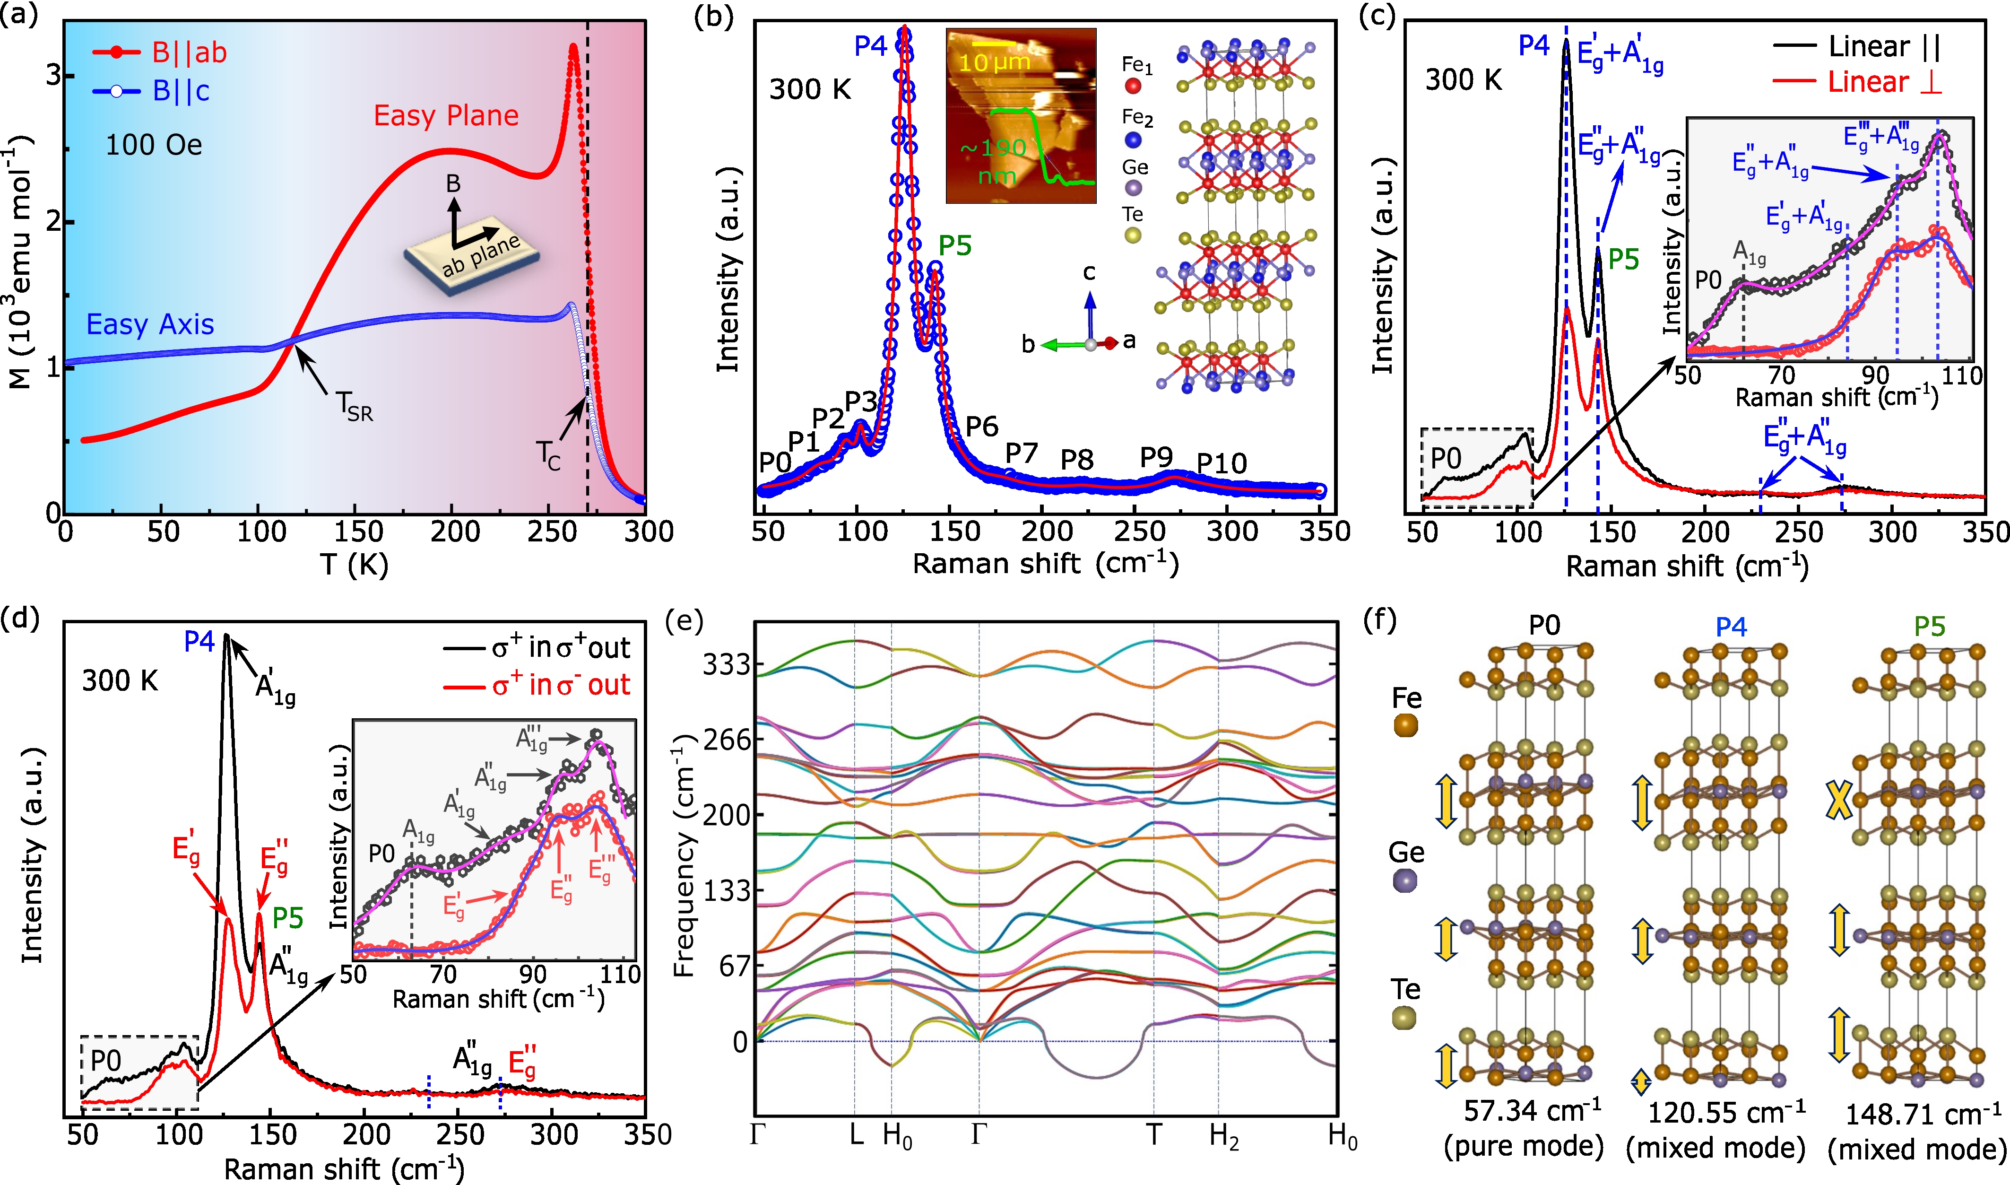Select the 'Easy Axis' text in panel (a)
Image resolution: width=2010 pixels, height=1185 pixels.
[150, 324]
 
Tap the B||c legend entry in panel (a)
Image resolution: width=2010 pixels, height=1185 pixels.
[181, 91]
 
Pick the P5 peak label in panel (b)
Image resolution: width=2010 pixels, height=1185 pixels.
[955, 246]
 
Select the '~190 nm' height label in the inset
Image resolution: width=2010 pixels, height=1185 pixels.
[994, 160]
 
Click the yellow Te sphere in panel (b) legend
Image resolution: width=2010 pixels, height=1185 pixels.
[1132, 235]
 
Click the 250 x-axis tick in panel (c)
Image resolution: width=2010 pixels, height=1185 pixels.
[1799, 532]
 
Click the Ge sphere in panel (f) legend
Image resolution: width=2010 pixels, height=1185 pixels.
[1405, 881]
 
